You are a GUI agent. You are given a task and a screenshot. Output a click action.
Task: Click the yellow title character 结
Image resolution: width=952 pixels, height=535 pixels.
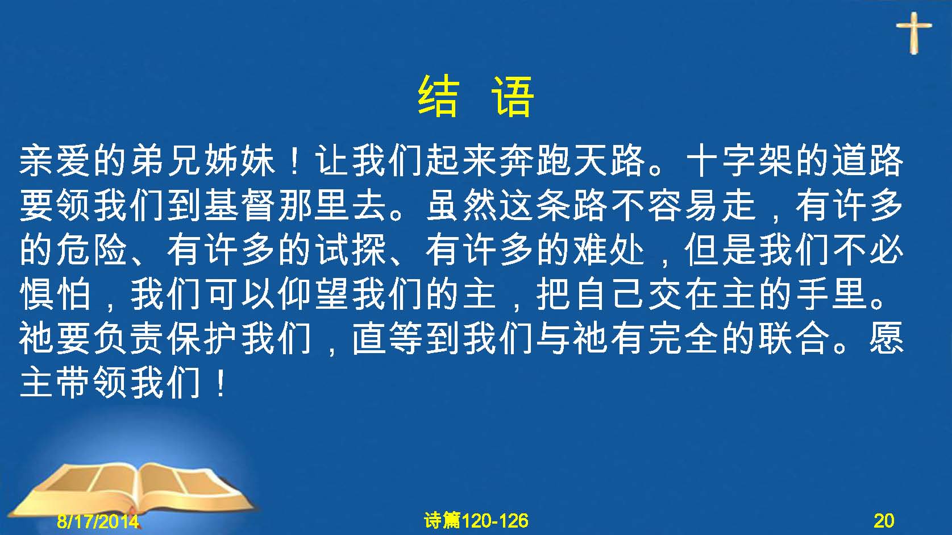[439, 97]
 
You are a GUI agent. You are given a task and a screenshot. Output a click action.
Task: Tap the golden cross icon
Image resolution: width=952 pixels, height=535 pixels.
[914, 33]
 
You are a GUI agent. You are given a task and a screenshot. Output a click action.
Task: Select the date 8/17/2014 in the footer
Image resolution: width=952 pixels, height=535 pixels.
[98, 521]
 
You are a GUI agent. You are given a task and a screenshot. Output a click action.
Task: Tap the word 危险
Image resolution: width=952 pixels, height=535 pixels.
[93, 250]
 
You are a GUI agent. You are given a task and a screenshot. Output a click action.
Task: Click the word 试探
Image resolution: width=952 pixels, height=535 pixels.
[351, 250]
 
